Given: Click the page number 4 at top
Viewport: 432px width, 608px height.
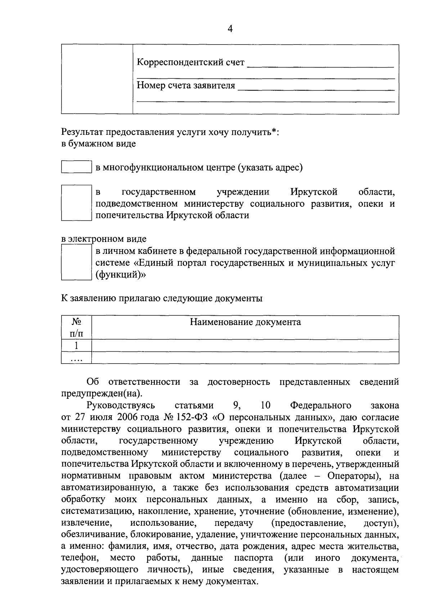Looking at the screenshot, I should [230, 29].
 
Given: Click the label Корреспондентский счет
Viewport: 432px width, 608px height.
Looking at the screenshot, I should [190, 63].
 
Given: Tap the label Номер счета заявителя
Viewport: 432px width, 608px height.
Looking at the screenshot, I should [186, 86].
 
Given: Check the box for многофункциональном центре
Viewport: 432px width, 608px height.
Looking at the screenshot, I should [76, 167].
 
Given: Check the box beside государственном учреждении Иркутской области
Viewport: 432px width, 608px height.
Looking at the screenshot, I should [76, 202].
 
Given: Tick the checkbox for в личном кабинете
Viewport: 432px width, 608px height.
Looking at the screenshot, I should [76, 262].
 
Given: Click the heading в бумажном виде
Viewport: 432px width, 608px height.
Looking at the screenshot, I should [98, 144].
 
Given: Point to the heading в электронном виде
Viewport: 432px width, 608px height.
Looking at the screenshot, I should [104, 239].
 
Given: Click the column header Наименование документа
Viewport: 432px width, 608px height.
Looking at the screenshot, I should [245, 322].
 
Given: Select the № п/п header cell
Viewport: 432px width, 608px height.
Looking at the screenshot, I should [76, 327].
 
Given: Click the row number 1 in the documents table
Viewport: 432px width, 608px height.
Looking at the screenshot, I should [76, 346].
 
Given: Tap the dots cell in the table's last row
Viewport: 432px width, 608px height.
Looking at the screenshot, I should [76, 358].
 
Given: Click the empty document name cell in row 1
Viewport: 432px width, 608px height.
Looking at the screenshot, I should [245, 346].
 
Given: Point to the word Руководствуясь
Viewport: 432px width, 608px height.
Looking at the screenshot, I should [121, 406].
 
